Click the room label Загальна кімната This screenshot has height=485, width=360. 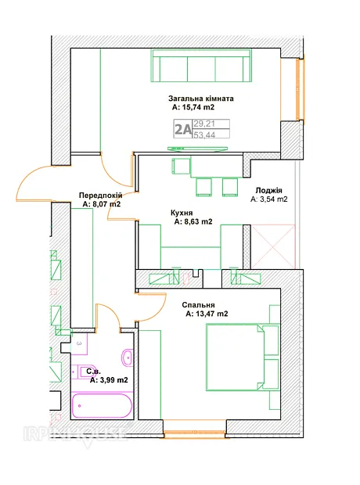click(x=201, y=99)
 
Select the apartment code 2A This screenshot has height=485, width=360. click(x=182, y=129)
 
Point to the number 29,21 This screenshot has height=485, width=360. click(x=204, y=124)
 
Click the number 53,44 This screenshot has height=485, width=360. click(x=204, y=135)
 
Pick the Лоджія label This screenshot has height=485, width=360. click(x=268, y=190)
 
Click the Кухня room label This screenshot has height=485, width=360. click(x=182, y=213)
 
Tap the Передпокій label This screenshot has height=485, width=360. click(x=101, y=196)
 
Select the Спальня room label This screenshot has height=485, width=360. click(x=198, y=305)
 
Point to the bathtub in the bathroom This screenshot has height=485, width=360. click(x=103, y=405)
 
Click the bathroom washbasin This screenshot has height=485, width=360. click(x=128, y=358)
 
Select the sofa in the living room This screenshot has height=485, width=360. click(x=201, y=66)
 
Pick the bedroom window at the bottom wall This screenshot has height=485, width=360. click(x=195, y=433)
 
